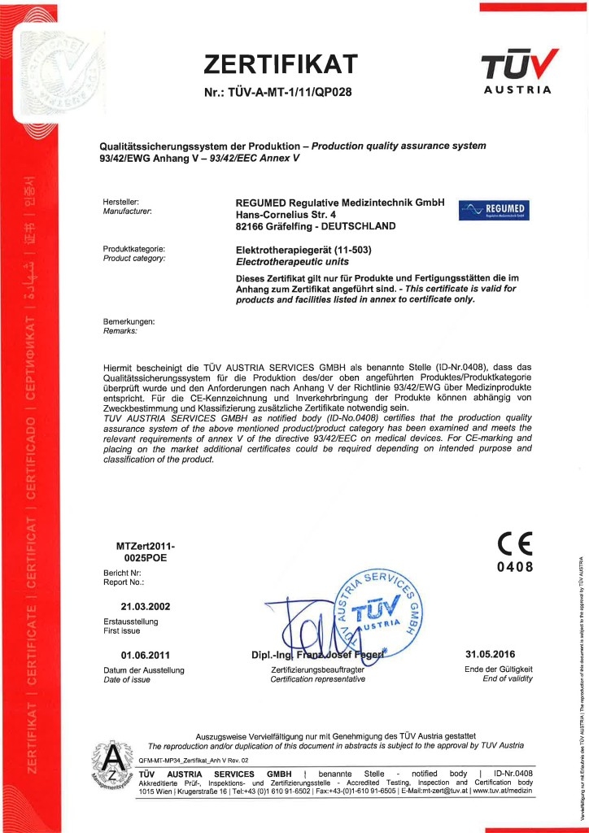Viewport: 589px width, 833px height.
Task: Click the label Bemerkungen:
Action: pyautogui.click(x=129, y=322)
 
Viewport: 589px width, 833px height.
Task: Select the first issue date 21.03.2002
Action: pyautogui.click(x=146, y=606)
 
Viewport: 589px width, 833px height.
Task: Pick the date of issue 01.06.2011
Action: pyautogui.click(x=146, y=655)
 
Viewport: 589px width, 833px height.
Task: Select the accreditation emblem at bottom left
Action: pyautogui.click(x=111, y=765)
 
